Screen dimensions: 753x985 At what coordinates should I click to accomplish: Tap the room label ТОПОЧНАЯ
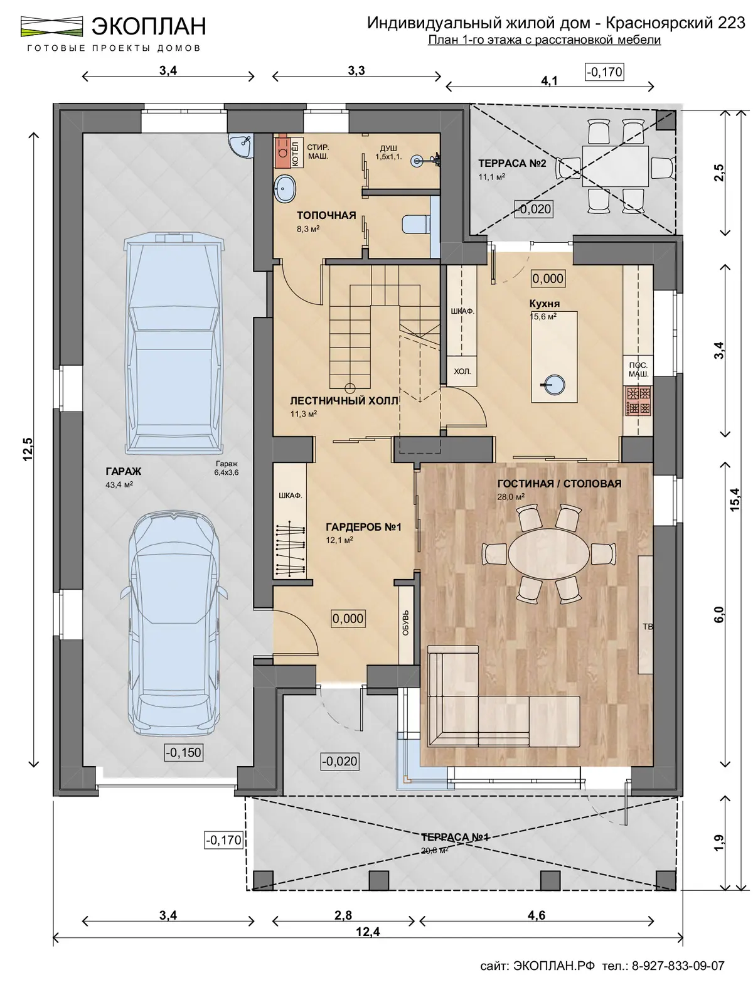click(x=326, y=215)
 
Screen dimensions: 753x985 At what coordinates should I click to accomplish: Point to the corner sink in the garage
click(x=242, y=146)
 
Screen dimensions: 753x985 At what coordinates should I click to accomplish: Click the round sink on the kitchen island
click(x=553, y=385)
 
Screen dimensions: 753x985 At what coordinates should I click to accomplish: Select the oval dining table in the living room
click(x=548, y=554)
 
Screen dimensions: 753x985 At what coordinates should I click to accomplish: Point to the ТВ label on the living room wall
click(x=648, y=627)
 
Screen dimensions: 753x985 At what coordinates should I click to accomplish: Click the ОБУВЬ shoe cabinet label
click(x=405, y=622)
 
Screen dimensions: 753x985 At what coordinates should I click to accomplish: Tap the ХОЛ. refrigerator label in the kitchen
click(x=462, y=371)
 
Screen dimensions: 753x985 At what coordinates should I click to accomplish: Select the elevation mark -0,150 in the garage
click(x=184, y=752)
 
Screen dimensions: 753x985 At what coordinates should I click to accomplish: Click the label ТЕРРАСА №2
click(x=512, y=163)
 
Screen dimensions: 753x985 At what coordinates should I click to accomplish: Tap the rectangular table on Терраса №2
click(x=615, y=166)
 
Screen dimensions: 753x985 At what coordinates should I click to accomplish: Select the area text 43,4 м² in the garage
click(x=119, y=485)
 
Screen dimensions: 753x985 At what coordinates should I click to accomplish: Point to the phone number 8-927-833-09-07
click(x=678, y=966)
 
